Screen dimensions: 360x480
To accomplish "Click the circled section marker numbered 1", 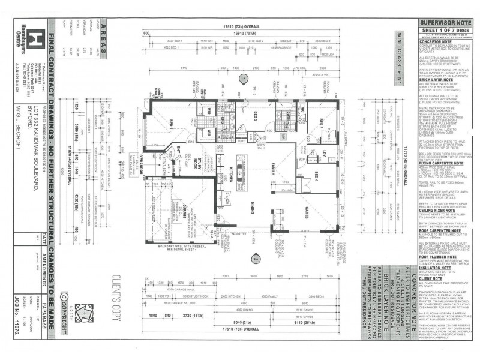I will (243, 79).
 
